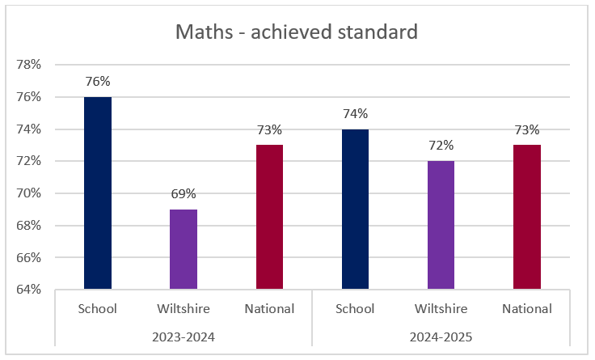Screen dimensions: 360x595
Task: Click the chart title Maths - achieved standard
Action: [x=297, y=32]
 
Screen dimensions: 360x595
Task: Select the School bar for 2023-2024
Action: [x=98, y=193]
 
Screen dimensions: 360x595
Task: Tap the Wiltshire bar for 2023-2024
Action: [x=184, y=249]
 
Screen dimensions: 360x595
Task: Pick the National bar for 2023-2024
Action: [x=269, y=217]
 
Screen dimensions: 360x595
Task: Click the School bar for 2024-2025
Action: [x=355, y=209]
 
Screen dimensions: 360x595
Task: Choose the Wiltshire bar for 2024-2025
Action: [x=441, y=225]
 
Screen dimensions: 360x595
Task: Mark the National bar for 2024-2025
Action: [x=526, y=217]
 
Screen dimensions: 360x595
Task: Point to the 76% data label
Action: [x=98, y=82]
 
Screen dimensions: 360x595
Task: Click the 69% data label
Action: [x=184, y=194]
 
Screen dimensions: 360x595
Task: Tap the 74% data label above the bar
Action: [x=355, y=114]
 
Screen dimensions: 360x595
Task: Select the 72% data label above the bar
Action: [x=441, y=146]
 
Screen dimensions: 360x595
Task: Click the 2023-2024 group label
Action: [x=184, y=335]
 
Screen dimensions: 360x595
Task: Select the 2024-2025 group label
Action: [x=441, y=335]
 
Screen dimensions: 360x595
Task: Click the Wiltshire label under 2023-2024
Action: [x=184, y=308]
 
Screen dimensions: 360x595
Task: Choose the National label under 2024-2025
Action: [x=526, y=308]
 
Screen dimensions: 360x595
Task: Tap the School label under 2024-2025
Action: [x=355, y=308]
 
